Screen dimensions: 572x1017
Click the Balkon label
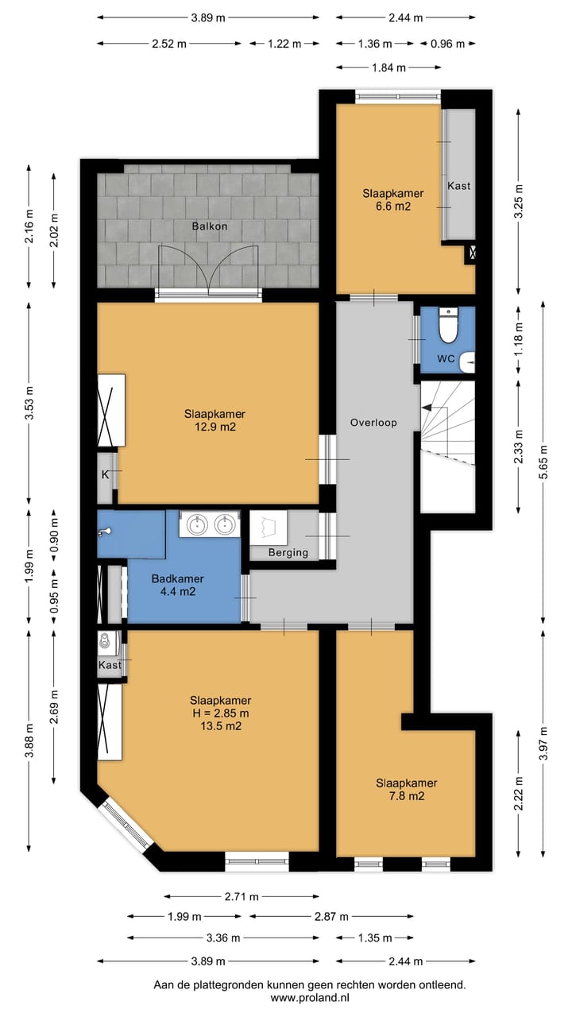[210, 226]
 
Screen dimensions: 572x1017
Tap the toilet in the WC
[449, 325]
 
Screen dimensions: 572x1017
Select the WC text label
[446, 358]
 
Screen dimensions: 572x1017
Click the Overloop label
[373, 423]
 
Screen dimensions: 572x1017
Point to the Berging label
[288, 552]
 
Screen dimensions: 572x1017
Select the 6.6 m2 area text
[393, 206]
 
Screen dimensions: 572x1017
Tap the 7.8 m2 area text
[406, 796]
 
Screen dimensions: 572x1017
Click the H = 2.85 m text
[221, 713]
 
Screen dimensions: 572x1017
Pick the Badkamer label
[177, 578]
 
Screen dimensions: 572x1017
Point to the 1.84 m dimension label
[388, 68]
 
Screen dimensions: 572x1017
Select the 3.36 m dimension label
[223, 938]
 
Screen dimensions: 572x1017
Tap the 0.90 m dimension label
[54, 536]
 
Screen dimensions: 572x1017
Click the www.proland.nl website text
[310, 997]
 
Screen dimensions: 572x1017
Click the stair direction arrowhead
[427, 408]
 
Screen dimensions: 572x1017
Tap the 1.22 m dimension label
[284, 44]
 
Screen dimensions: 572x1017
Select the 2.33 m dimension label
[519, 447]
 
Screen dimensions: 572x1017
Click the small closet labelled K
[106, 478]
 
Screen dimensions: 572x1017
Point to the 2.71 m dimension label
[242, 897]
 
